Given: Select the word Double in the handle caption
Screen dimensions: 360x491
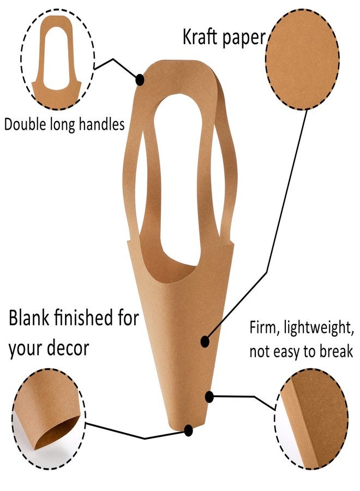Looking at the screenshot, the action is [25, 124].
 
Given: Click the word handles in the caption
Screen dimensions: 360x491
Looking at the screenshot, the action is [101, 124].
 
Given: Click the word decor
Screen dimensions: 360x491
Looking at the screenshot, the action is [68, 348].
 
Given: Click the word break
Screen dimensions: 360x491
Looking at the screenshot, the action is [336, 351].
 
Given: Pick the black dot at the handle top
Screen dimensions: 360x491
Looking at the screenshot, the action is [140, 80].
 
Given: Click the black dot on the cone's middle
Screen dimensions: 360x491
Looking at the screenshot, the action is [205, 342].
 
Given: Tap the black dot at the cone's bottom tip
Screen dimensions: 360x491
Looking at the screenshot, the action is [188, 430].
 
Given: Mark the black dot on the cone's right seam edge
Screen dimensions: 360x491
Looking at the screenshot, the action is [209, 397].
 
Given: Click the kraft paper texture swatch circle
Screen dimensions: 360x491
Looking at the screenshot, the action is [302, 59].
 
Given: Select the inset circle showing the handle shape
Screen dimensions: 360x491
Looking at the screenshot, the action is [57, 59].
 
